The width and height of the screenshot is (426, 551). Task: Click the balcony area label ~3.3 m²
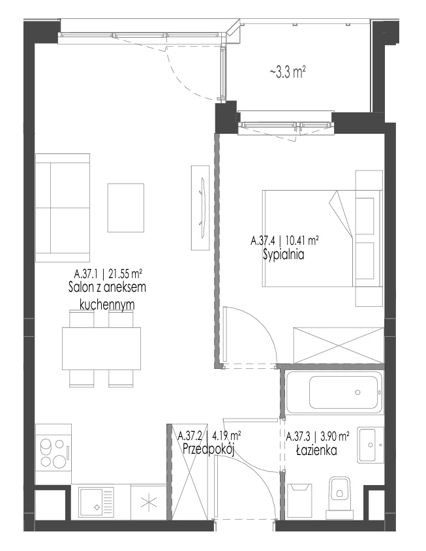coord(287,72)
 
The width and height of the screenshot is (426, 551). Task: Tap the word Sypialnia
coord(283,255)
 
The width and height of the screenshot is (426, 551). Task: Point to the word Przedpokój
coord(209,449)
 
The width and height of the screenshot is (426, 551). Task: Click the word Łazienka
coord(317,450)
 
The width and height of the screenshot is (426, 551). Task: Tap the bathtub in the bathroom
coord(335,392)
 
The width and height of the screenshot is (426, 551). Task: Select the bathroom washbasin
coord(370,445)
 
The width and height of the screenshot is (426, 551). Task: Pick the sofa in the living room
coord(63,208)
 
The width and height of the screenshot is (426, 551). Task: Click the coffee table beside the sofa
coord(126,208)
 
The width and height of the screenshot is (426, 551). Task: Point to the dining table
coord(102,348)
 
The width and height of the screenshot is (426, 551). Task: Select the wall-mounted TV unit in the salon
coord(200,208)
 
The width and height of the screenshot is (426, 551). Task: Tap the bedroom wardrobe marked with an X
coord(339,345)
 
